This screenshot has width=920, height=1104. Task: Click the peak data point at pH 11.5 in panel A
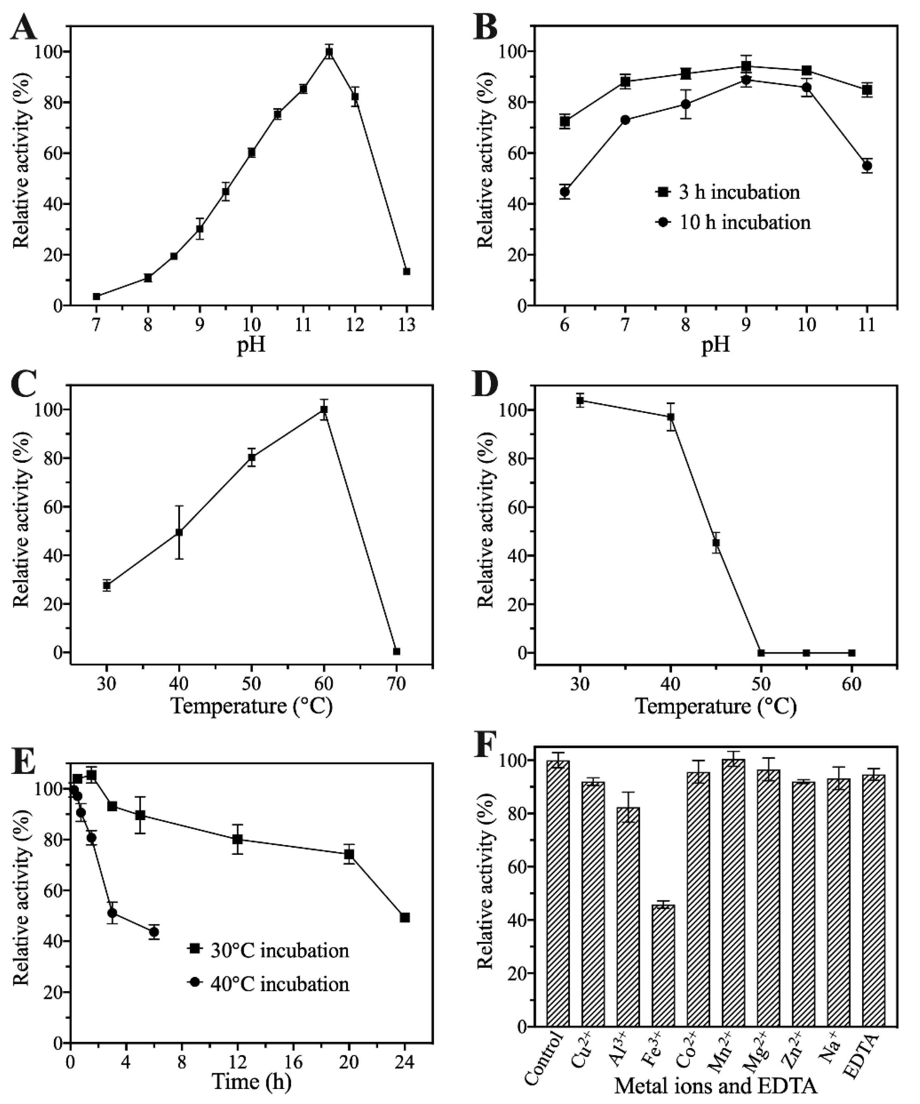(329, 52)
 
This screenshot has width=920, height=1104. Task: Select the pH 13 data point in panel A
(406, 271)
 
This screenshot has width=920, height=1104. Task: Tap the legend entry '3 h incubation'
(728, 192)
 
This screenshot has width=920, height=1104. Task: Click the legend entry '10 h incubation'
(733, 222)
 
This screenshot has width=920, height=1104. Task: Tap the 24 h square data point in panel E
(405, 917)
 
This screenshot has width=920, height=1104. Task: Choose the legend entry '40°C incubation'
(268, 984)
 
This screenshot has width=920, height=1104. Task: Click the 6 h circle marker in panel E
(154, 932)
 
